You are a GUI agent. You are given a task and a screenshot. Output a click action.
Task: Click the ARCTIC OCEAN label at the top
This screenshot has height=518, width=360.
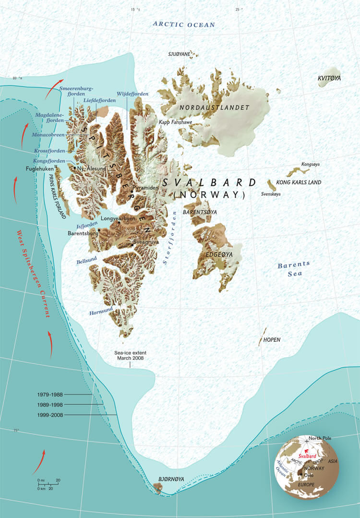pyautogui.click(x=184, y=24)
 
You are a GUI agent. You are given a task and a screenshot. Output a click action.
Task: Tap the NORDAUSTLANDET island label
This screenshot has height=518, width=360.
pyautogui.click(x=214, y=108)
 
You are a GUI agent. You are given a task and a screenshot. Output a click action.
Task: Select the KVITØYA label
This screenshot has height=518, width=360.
pyautogui.click(x=329, y=78)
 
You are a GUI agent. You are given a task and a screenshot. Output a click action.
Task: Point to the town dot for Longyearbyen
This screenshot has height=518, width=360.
pyautogui.click(x=119, y=223)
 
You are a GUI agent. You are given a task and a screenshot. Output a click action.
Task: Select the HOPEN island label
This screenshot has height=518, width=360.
pyautogui.click(x=272, y=340)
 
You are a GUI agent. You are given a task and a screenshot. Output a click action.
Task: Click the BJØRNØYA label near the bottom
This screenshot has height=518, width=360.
pyautogui.click(x=171, y=479)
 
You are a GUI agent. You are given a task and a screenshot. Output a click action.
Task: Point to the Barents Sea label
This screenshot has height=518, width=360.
pyautogui.click(x=294, y=269)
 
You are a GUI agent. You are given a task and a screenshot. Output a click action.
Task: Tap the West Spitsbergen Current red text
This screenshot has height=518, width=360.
pyautogui.click(x=33, y=274)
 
